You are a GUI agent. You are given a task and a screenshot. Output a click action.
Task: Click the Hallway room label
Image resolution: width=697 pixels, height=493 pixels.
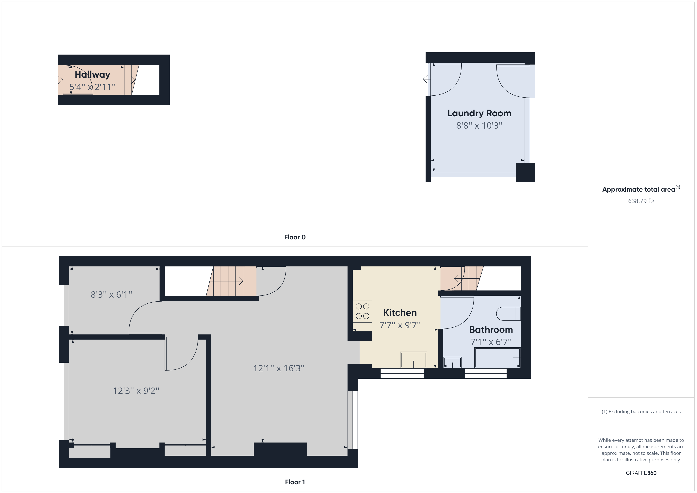(x=92, y=75)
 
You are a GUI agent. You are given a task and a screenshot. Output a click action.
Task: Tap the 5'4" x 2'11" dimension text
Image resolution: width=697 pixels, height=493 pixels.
(x=92, y=87)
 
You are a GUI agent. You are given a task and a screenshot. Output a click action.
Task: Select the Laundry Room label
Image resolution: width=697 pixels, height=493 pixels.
(x=479, y=113)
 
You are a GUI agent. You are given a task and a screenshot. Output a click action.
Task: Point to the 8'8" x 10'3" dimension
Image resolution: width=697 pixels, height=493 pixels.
(x=479, y=126)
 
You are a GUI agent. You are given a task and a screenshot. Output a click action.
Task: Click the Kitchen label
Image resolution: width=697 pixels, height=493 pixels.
(x=400, y=313)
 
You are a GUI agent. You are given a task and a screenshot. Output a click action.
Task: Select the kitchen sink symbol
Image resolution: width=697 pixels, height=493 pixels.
(x=413, y=360)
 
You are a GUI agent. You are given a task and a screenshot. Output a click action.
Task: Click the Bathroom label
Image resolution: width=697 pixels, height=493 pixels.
(x=491, y=330)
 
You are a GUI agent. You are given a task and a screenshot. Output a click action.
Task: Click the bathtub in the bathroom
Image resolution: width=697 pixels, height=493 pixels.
(x=497, y=358)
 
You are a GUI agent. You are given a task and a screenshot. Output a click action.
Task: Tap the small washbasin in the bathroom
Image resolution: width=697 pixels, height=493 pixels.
(x=452, y=362)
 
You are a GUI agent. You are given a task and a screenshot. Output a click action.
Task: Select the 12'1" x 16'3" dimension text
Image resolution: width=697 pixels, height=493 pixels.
(x=279, y=368)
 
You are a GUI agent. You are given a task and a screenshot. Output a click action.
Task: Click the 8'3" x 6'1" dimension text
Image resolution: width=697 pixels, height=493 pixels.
(x=111, y=294)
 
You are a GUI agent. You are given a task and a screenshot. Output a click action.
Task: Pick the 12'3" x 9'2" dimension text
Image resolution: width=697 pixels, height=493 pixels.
(x=136, y=391)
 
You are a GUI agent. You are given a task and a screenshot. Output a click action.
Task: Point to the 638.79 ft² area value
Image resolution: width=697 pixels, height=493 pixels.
(x=641, y=201)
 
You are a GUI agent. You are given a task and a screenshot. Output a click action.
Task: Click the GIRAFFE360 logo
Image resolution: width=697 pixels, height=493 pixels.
(x=641, y=473)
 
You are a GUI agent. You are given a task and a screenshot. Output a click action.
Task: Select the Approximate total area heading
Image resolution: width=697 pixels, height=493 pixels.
(x=641, y=189)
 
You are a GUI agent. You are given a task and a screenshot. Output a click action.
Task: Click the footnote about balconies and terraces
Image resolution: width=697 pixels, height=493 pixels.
(x=641, y=412)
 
